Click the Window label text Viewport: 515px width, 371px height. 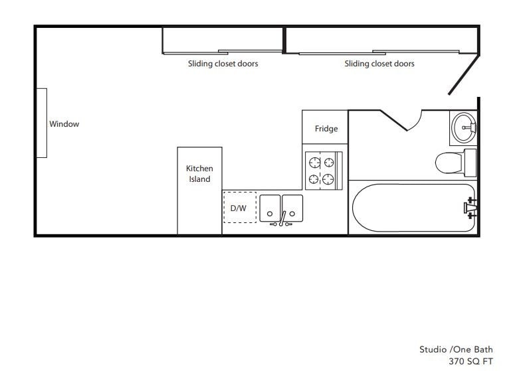64,124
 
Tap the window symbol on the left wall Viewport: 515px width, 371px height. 41,123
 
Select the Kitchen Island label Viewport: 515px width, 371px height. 199,174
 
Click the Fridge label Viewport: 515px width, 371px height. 326,129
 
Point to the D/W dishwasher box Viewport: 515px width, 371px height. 239,208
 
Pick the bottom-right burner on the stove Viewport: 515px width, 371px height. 328,178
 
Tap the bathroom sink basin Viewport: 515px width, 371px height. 463,127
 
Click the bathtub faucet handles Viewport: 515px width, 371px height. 470,207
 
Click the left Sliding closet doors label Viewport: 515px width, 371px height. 223,64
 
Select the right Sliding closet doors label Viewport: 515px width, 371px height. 379,64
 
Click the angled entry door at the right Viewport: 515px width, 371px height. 463,74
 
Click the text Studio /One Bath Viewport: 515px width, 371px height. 456,349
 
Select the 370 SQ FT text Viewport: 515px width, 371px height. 471,361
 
